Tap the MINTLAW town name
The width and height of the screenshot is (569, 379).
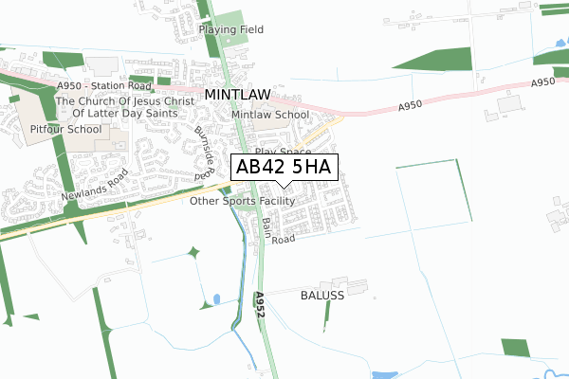238,96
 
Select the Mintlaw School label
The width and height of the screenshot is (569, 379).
270,115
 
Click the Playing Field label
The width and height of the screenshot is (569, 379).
231,29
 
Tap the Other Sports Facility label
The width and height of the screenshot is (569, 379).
242,201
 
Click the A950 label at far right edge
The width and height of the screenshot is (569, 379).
542,83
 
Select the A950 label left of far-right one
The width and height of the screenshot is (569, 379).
411,106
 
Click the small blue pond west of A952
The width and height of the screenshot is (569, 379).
217,299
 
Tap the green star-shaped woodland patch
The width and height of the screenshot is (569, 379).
193,252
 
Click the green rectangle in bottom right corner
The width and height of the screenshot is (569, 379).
516,348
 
